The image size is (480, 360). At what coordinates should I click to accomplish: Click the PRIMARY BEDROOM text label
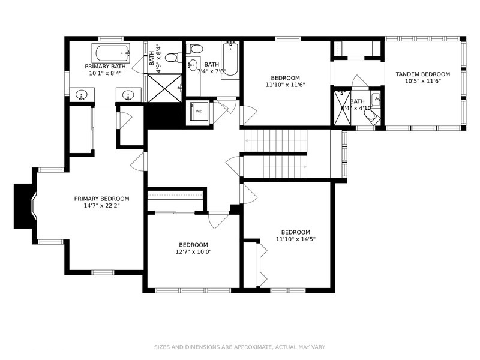click(x=101, y=199)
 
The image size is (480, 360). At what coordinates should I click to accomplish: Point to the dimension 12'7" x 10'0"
click(x=193, y=252)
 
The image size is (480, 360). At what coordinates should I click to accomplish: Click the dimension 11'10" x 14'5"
click(x=296, y=239)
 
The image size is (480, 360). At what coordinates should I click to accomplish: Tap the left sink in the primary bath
click(x=81, y=95)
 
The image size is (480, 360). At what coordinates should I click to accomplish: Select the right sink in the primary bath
click(x=128, y=95)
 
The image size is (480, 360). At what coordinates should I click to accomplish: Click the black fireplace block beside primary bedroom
click(x=23, y=206)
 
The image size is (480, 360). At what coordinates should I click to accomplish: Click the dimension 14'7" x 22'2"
click(x=101, y=206)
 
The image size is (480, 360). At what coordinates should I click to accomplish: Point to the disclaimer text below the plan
click(x=239, y=347)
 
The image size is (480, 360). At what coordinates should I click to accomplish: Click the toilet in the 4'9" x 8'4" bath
click(x=172, y=58)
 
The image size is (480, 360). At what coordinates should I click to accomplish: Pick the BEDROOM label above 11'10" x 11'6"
click(x=285, y=78)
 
